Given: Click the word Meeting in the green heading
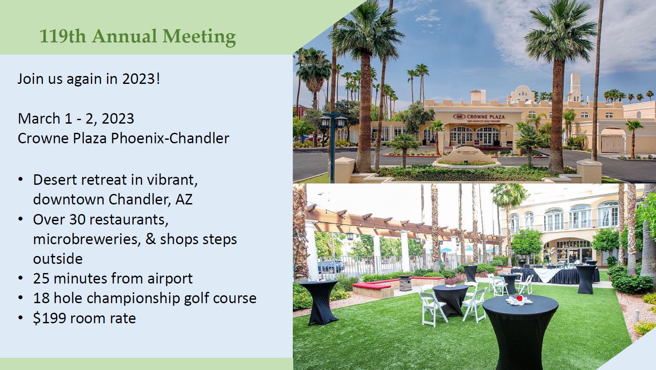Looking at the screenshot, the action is tap(199, 37).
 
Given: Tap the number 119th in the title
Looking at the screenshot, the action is tap(62, 36).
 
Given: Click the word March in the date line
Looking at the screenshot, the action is tap(39, 118).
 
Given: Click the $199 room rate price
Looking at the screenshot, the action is tap(49, 318).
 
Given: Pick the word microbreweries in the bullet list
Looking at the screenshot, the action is tap(85, 239).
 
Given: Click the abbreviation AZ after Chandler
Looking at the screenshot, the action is tap(184, 199).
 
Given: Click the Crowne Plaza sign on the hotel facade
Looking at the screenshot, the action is tap(479, 118).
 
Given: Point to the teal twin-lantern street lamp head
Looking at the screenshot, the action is tap(333, 120).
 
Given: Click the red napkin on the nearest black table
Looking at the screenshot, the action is tap(519, 298).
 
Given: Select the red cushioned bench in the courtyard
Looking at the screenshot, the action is tap(371, 285).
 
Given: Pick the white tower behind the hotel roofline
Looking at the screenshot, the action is tap(575, 87).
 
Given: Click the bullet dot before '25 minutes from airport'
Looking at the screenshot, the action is tap(21, 278).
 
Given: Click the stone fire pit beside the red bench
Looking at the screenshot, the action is tap(405, 283).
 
